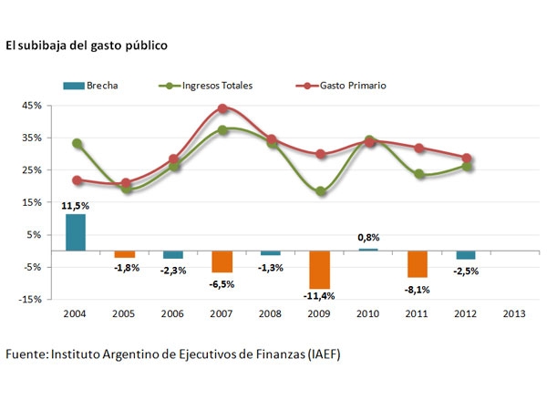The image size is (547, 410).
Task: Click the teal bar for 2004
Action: point(76,231)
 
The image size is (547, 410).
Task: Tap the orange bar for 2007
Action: point(222,261)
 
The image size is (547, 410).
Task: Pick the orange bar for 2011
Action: point(418,263)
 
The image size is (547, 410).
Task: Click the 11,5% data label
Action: point(76,207)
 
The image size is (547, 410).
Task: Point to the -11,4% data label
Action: point(320,296)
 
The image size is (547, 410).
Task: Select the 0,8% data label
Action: point(367,238)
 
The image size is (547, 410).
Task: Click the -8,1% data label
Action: point(417,290)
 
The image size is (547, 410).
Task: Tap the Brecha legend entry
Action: point(91,86)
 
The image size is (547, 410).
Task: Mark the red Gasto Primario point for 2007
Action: point(222,109)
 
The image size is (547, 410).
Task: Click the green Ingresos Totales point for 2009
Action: point(320,191)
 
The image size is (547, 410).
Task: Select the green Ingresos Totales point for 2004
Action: point(77,144)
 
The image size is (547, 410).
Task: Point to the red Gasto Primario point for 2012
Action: point(466,159)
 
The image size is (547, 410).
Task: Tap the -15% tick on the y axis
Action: point(30,299)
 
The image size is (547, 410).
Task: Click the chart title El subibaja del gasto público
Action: point(87,45)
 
